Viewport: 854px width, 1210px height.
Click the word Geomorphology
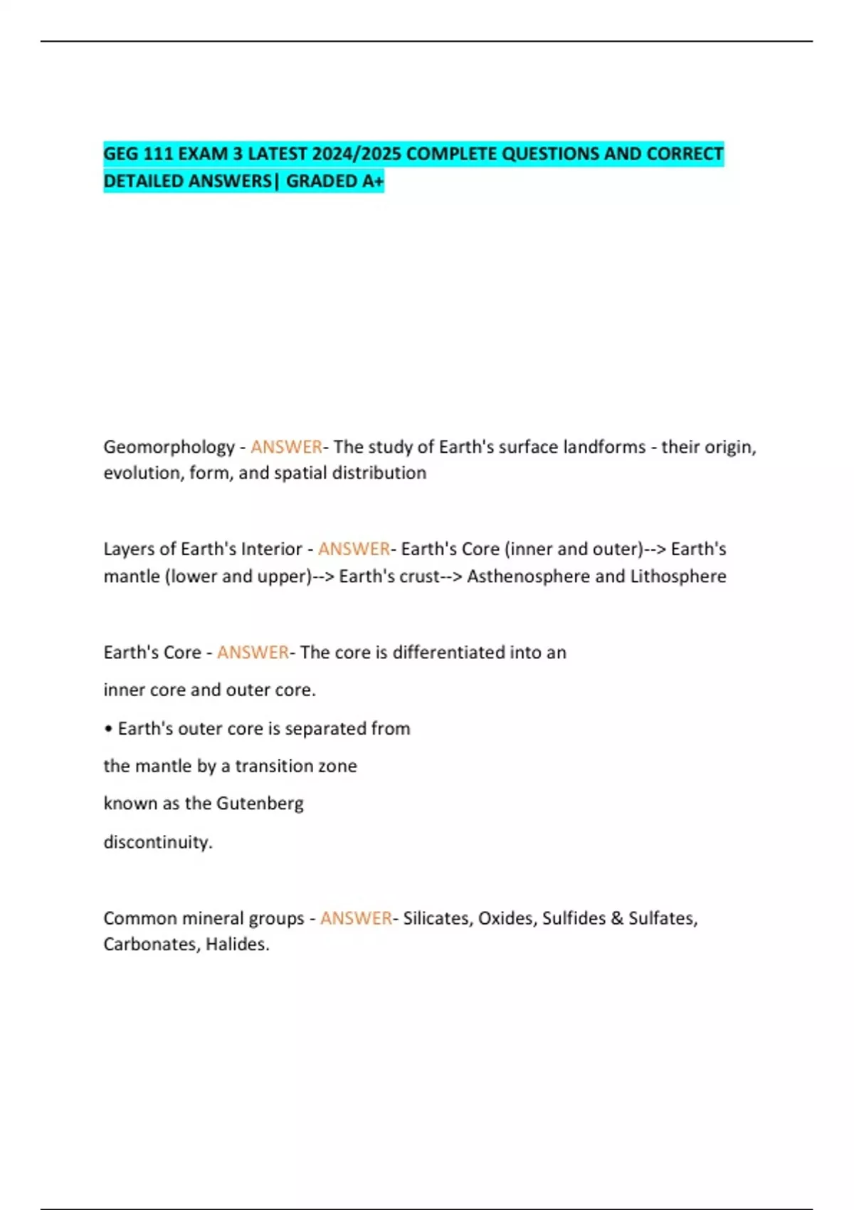tap(169, 447)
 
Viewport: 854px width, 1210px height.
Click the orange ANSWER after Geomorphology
tap(286, 447)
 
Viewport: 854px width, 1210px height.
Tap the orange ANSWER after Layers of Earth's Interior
tap(354, 549)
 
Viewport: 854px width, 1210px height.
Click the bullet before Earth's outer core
tap(108, 729)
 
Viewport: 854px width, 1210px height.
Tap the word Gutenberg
tap(260, 804)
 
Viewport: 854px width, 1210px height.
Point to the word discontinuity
tap(157, 842)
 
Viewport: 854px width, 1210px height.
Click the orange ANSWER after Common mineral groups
tap(356, 918)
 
